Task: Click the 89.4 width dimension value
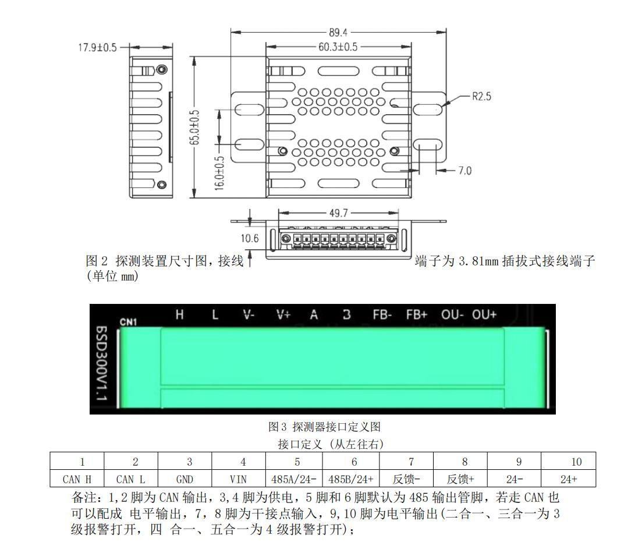[x=338, y=33]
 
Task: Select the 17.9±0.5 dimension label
[x=97, y=48]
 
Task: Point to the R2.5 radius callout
[x=481, y=97]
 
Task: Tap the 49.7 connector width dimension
[x=339, y=213]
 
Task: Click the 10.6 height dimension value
[x=250, y=238]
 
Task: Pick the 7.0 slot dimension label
[x=464, y=171]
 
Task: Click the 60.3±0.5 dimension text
[x=338, y=47]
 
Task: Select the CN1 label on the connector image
[x=128, y=322]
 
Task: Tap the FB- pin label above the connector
[x=382, y=314]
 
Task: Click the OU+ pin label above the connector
[x=484, y=314]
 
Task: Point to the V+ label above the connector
[x=283, y=314]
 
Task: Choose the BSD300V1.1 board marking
[x=101, y=363]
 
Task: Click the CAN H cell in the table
[x=77, y=479]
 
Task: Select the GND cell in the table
[x=185, y=479]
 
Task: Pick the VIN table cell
[x=238, y=479]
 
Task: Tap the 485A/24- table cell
[x=294, y=479]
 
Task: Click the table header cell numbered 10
[x=568, y=462]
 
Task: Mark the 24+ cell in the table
[x=568, y=479]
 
